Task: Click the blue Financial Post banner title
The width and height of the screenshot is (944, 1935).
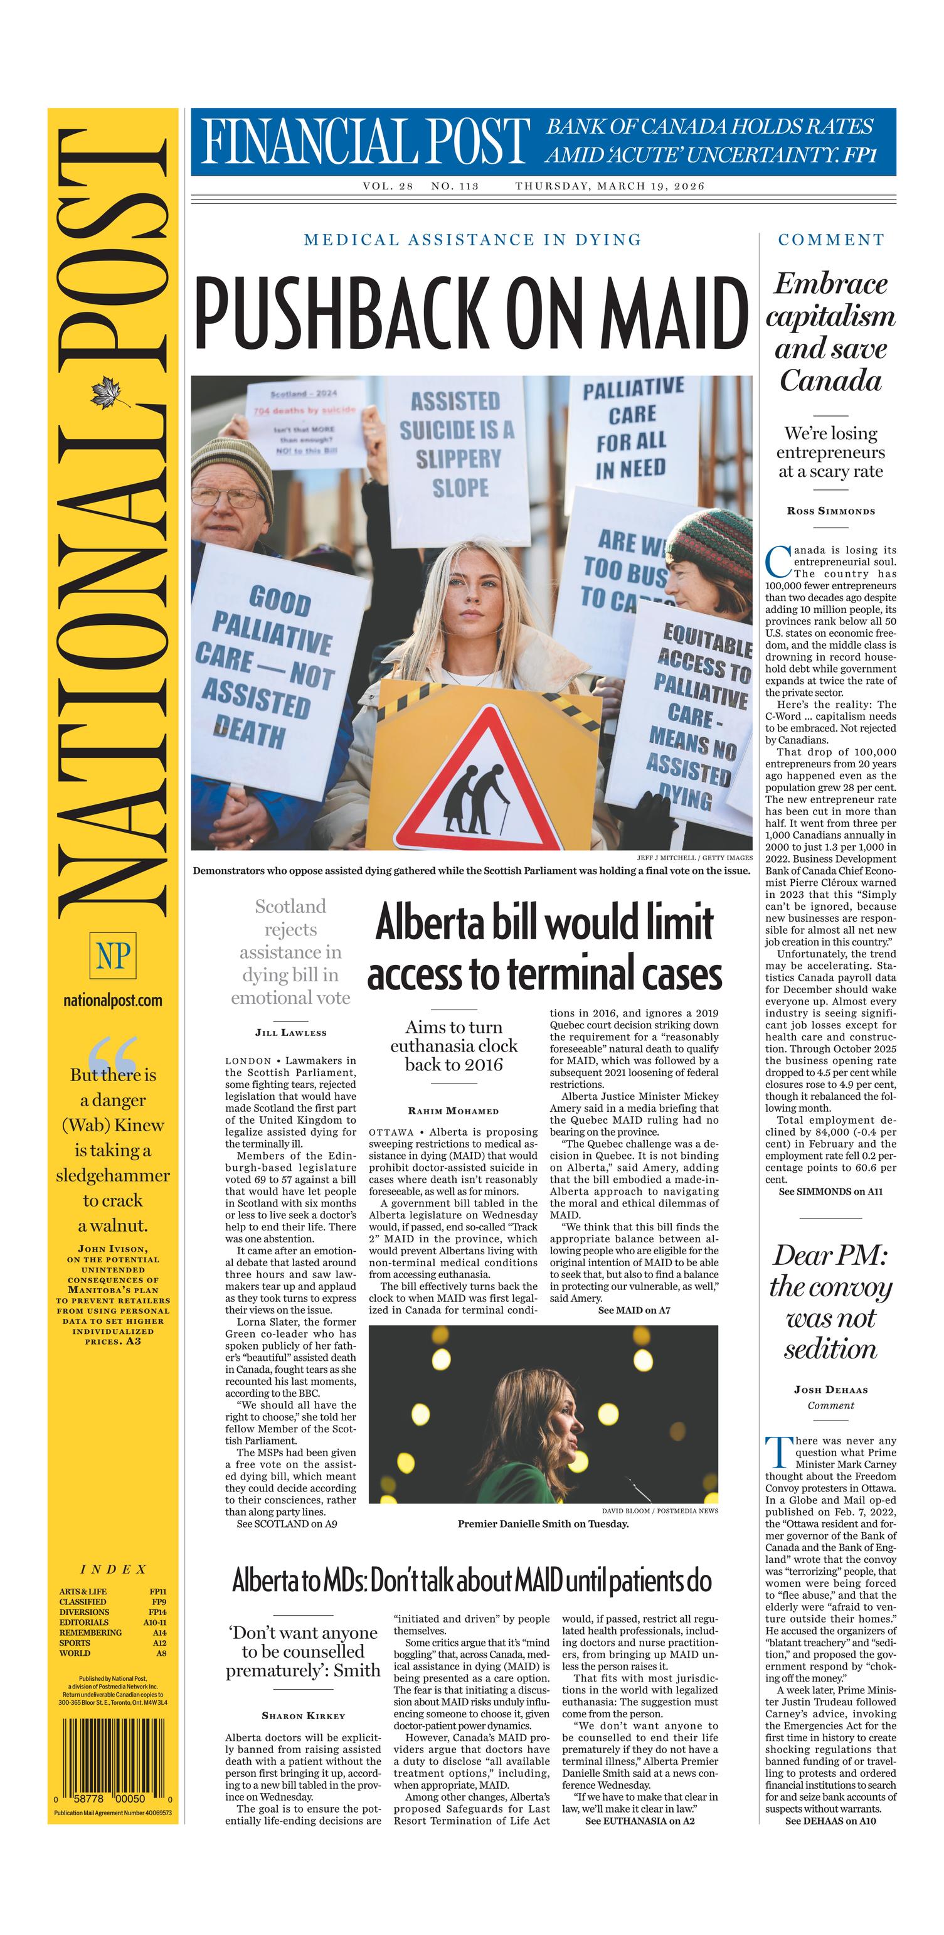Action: [364, 141]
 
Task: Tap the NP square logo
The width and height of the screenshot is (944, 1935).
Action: [113, 956]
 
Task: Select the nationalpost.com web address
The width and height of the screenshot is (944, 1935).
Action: [113, 1001]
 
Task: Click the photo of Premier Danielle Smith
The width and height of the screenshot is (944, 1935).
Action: [543, 1414]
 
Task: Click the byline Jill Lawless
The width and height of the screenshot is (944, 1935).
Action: [290, 1033]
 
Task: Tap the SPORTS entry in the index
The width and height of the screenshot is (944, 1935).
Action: [75, 1643]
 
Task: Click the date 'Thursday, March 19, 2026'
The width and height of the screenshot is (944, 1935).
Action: [610, 186]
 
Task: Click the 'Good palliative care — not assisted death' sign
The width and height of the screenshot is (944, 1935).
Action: [264, 665]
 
